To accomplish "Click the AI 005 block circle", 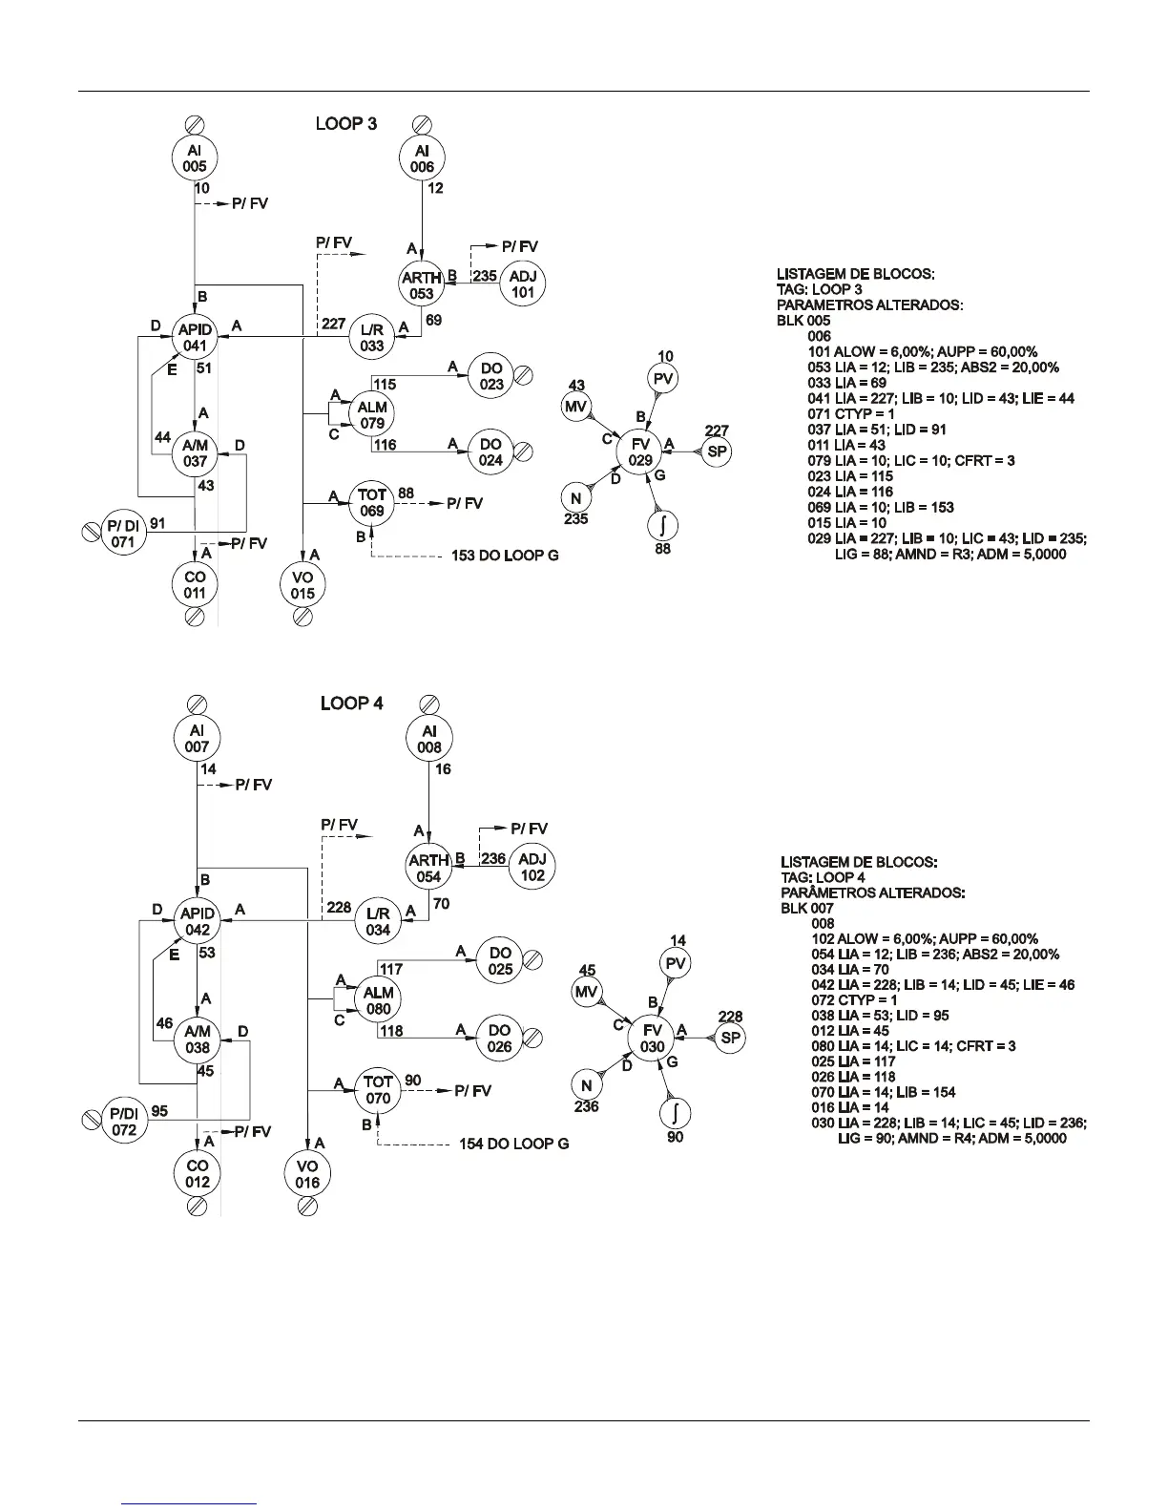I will (x=195, y=158).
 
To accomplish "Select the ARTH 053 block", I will (x=422, y=285).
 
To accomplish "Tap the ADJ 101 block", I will (x=522, y=284).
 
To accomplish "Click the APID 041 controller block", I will (x=195, y=338).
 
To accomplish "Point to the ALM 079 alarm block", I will (x=372, y=415).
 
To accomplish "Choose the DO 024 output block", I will (x=490, y=453).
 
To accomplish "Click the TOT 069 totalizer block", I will (x=372, y=503).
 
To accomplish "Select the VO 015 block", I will (x=302, y=585).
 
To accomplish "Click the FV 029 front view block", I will (x=640, y=452).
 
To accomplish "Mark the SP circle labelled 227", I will (x=717, y=451).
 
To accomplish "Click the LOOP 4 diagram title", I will (x=351, y=703).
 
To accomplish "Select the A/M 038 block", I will (x=197, y=1039).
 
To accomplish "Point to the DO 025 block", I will (x=500, y=961).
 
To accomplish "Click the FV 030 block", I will (x=653, y=1039).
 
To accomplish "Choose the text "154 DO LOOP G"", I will (x=513, y=1144).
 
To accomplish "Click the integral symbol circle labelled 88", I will (x=663, y=524).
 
